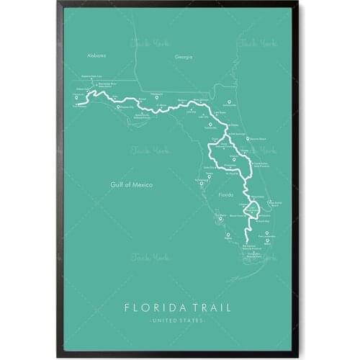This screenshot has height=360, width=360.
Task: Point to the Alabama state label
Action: pos(96,55)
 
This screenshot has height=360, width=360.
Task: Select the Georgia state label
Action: pos(174,55)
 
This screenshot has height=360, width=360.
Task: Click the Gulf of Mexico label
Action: pos(131,184)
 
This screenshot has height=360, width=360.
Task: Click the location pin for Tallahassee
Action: pos(180,101)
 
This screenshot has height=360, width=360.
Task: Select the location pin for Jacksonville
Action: pos(228,102)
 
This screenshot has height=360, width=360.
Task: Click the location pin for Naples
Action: pos(228,235)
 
